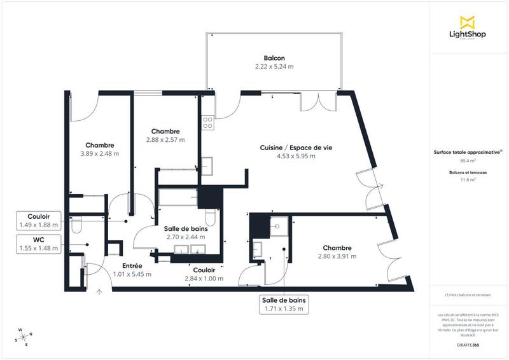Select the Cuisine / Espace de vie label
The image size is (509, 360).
[296, 148]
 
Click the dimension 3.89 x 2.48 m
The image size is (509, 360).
[100, 153]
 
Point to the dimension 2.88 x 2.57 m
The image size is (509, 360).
[165, 140]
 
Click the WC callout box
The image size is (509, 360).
[39, 244]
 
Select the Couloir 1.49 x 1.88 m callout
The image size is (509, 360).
[39, 220]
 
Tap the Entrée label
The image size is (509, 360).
[132, 266]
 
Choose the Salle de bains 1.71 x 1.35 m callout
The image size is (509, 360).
[283, 304]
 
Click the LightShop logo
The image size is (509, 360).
[468, 28]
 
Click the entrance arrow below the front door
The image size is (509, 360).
[99, 292]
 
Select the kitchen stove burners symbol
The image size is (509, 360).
[207, 121]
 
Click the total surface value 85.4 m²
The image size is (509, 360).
[468, 161]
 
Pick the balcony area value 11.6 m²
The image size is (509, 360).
[468, 180]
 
